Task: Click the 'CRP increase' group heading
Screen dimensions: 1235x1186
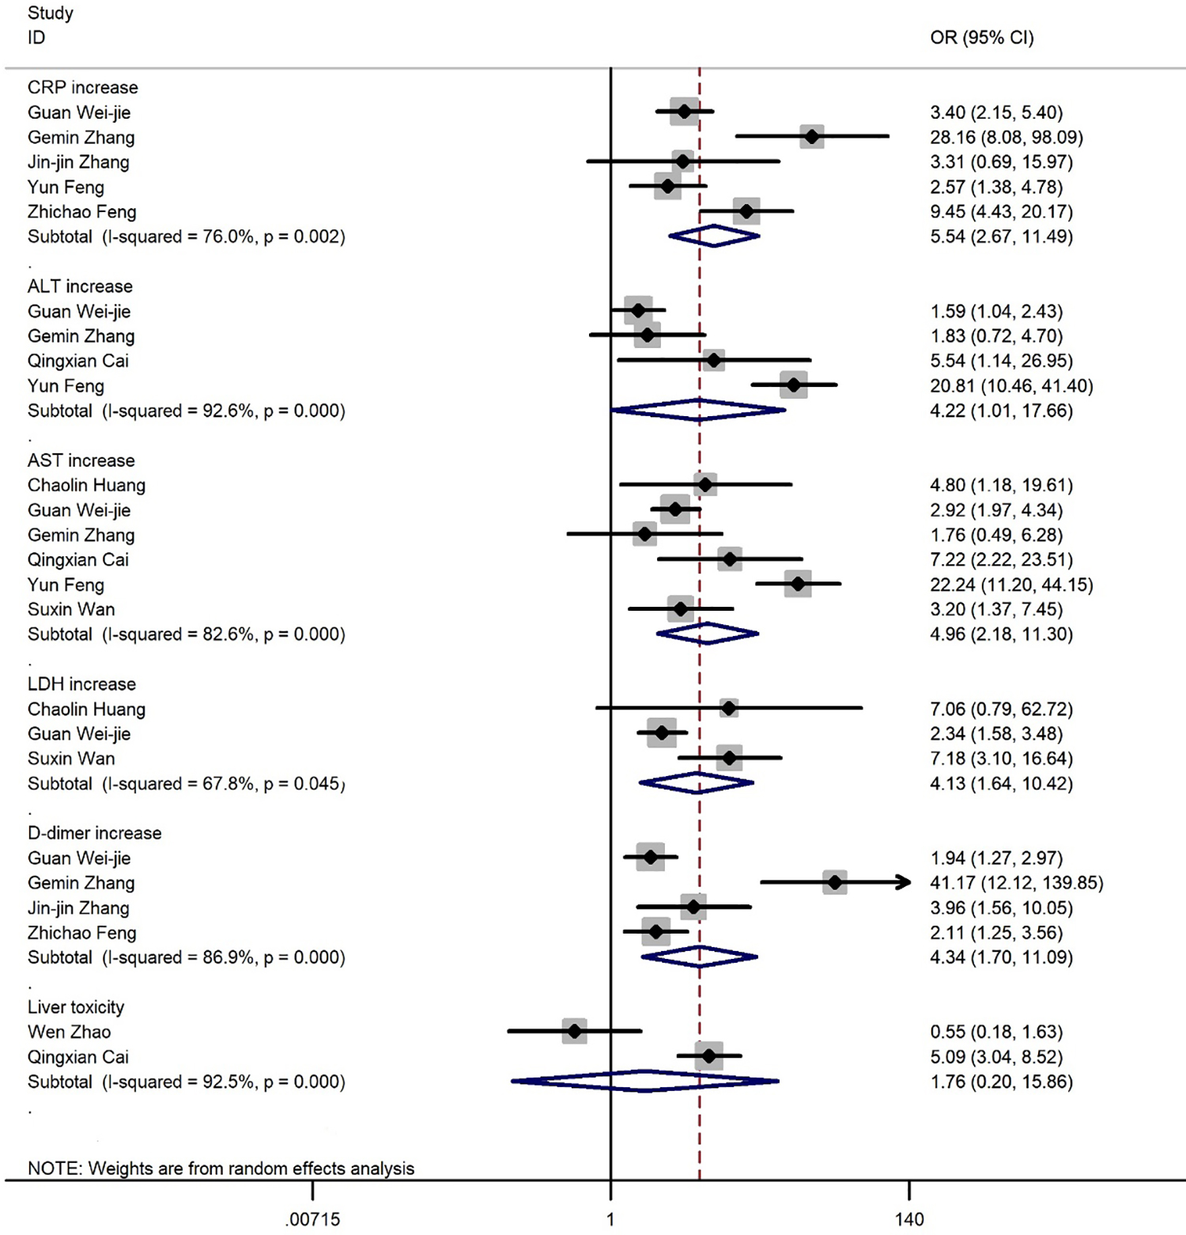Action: tap(82, 87)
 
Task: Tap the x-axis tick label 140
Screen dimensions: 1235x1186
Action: tap(909, 1219)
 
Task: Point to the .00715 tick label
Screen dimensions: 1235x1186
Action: tap(312, 1219)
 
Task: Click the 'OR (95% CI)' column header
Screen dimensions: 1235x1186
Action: tap(981, 37)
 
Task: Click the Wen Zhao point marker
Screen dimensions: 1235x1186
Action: tap(575, 1031)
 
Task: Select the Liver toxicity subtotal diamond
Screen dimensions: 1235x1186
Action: tap(645, 1081)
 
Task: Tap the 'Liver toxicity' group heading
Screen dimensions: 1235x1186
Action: tap(76, 1007)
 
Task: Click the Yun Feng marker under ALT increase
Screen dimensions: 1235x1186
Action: tap(794, 385)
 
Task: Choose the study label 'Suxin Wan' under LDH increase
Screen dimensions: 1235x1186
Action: tap(71, 758)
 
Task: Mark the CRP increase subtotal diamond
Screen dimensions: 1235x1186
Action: tap(714, 236)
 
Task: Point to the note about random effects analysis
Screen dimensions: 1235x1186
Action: tap(221, 1169)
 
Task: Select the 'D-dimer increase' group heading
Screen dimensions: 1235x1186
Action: tap(94, 833)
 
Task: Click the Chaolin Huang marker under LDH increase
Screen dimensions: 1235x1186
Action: tap(729, 708)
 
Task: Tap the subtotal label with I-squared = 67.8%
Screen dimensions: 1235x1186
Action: tap(186, 783)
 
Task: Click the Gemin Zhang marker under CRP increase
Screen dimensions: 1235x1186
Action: tap(812, 137)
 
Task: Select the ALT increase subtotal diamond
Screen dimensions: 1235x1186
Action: tap(699, 410)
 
